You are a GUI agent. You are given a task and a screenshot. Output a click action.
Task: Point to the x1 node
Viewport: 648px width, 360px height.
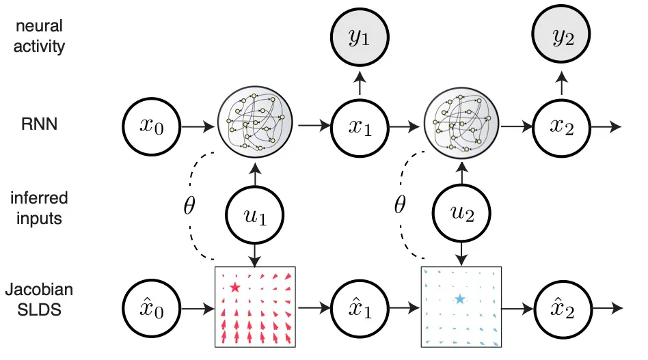pyautogui.click(x=357, y=126)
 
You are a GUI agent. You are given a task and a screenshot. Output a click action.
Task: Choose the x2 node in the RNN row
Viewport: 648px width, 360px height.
pyautogui.click(x=561, y=126)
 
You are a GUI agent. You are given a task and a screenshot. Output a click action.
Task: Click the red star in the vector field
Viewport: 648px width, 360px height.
pyautogui.click(x=235, y=288)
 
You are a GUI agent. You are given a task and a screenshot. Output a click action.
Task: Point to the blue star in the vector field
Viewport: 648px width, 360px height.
pyautogui.click(x=459, y=299)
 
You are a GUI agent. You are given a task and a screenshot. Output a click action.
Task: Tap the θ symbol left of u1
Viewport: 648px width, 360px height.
pyautogui.click(x=191, y=205)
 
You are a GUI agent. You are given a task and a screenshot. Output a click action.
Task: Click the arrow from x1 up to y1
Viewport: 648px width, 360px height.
pyautogui.click(x=357, y=85)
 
